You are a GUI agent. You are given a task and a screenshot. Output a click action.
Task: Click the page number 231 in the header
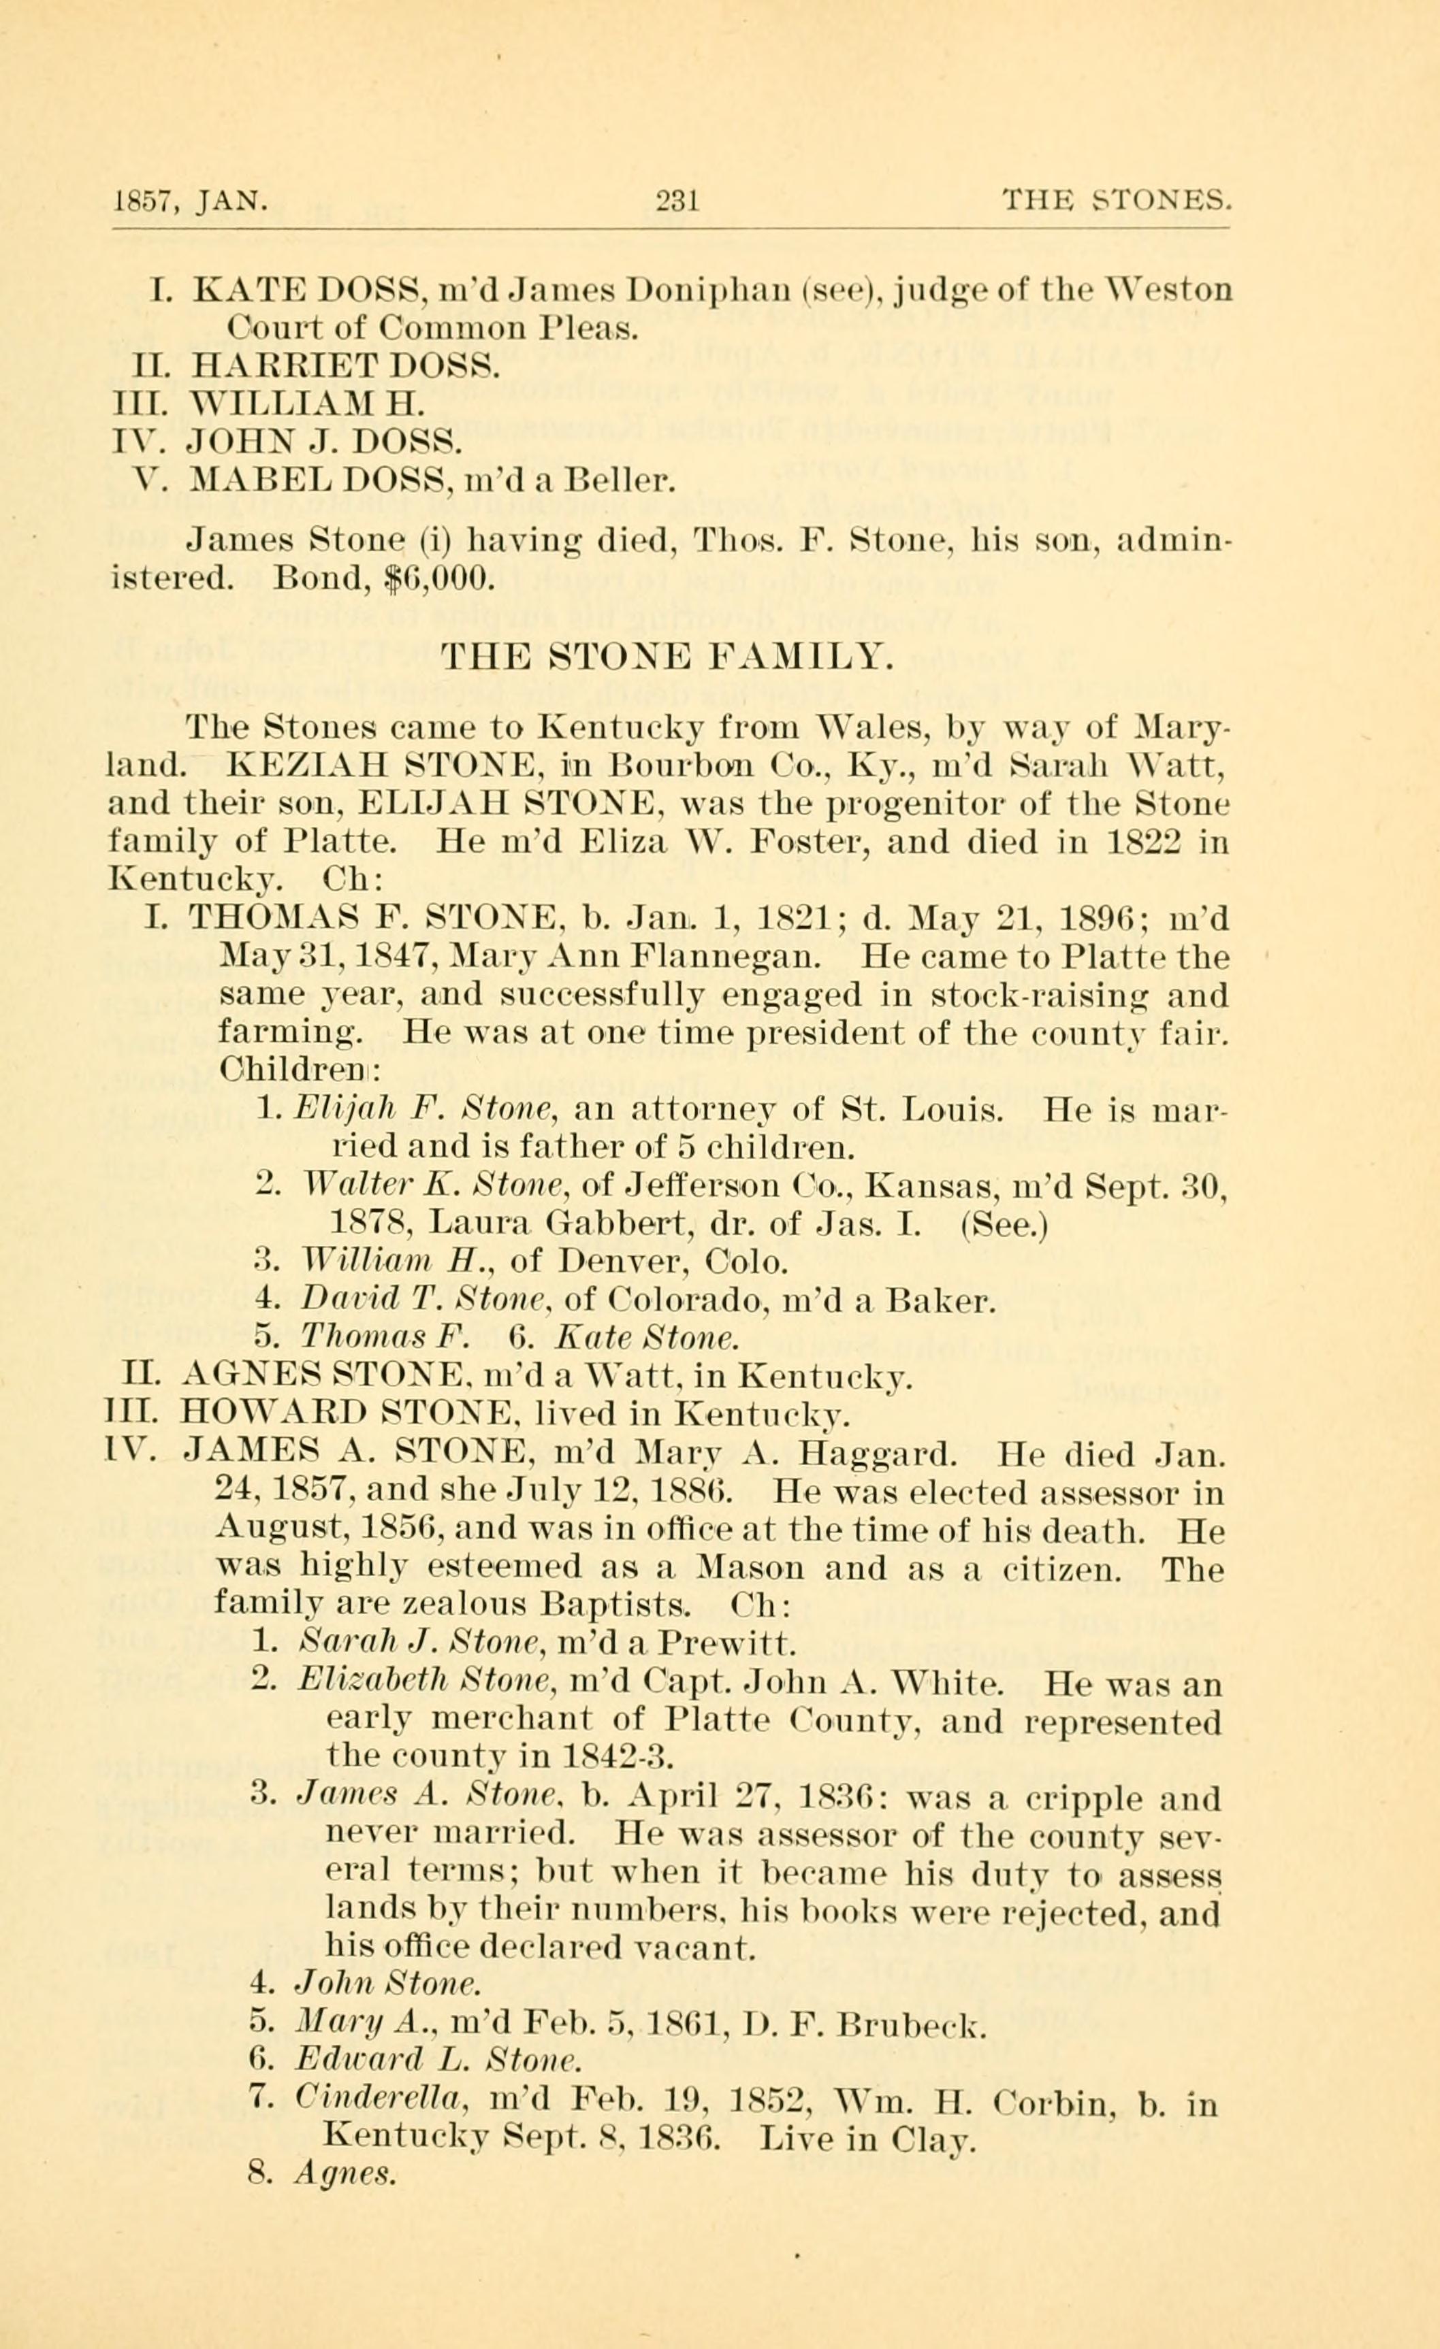click(679, 201)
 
